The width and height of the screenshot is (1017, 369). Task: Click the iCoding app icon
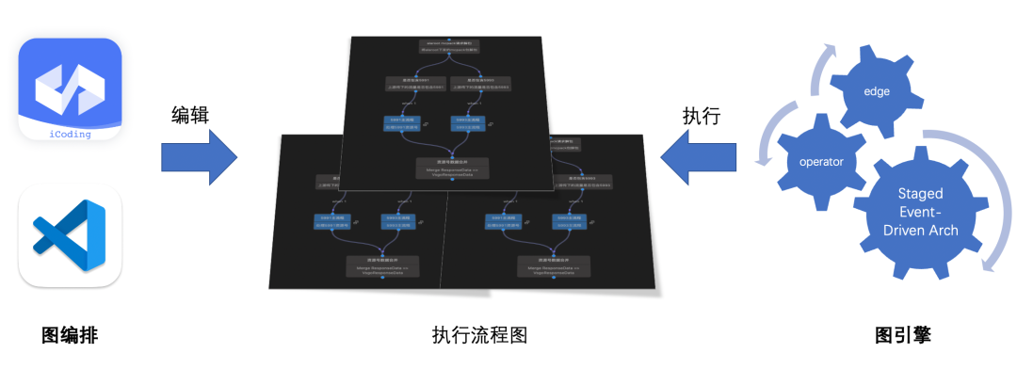(x=71, y=88)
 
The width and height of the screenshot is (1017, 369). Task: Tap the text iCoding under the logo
(x=70, y=134)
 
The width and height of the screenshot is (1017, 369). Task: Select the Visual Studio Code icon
(x=70, y=234)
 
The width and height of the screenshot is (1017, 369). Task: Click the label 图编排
(x=70, y=335)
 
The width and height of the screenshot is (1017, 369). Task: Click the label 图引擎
(x=902, y=335)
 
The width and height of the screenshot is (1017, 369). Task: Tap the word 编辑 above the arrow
(x=191, y=115)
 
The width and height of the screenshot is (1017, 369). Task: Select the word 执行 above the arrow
(x=701, y=116)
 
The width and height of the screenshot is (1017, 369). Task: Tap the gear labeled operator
(x=820, y=161)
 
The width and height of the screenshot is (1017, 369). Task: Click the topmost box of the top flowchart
(x=442, y=46)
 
